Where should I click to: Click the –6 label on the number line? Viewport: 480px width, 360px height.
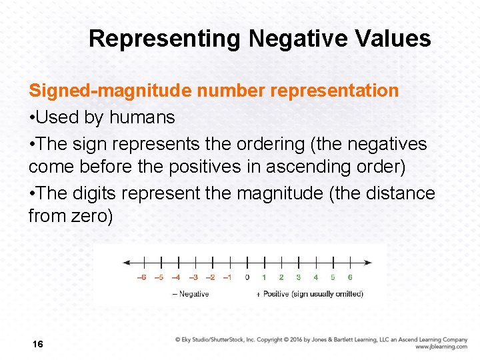point(142,277)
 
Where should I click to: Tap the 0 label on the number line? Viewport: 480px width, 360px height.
point(247,277)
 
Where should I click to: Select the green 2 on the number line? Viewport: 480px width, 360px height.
point(281,277)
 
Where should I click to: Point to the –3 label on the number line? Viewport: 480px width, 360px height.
point(193,277)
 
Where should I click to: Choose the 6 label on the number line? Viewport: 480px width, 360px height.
point(350,277)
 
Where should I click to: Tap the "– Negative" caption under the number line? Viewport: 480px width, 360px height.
point(191,294)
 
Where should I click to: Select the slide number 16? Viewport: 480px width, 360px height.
point(37,344)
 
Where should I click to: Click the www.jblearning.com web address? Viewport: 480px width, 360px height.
point(441,347)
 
